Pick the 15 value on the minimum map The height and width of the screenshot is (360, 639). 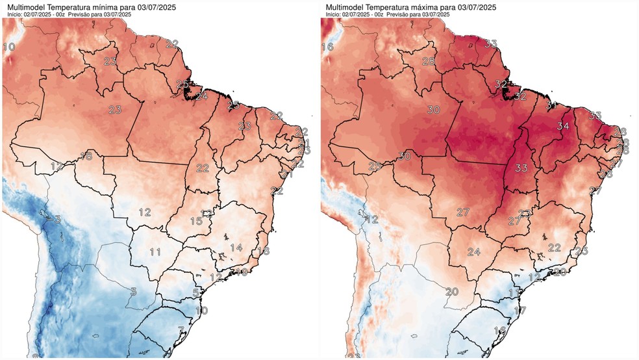pyautogui.click(x=195, y=222)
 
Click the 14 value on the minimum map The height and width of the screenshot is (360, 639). pyautogui.click(x=236, y=248)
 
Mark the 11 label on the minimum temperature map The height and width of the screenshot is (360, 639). pyautogui.click(x=155, y=252)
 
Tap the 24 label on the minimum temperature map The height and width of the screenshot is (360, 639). pyautogui.click(x=202, y=96)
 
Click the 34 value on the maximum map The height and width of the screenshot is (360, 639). pyautogui.click(x=562, y=125)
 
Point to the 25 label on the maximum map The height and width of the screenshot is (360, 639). pyautogui.click(x=375, y=166)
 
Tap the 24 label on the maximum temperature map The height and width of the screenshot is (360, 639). pyautogui.click(x=473, y=252)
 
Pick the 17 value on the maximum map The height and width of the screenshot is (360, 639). pyautogui.click(x=519, y=311)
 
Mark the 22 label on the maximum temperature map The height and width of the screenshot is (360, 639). pyautogui.click(x=554, y=248)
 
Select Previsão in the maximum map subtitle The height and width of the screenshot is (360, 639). pyautogui.click(x=399, y=14)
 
